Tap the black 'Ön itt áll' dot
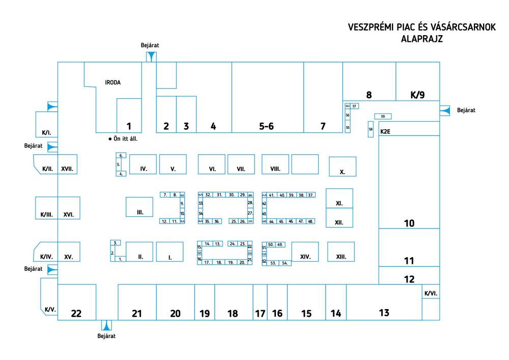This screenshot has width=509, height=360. pyautogui.click(x=109, y=139)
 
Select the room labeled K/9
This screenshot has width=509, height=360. pyautogui.click(x=417, y=94)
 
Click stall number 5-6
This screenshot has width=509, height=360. pyautogui.click(x=267, y=127)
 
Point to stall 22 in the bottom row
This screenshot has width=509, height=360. pyautogui.click(x=76, y=314)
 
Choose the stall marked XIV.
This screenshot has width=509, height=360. pyautogui.click(x=305, y=257)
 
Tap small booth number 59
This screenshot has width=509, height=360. pyautogui.click(x=382, y=117)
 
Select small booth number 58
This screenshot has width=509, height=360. pyautogui.click(x=371, y=130)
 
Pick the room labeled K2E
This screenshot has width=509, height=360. pyautogui.click(x=385, y=131)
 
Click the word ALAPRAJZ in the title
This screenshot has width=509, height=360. pyautogui.click(x=422, y=38)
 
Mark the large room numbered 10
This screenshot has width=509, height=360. pyautogui.click(x=409, y=223)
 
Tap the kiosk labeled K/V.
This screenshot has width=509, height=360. pyautogui.click(x=50, y=310)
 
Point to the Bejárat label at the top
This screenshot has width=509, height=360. pyautogui.click(x=150, y=45)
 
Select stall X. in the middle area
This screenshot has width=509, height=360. pyautogui.click(x=343, y=172)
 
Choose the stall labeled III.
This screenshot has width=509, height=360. pyautogui.click(x=139, y=211)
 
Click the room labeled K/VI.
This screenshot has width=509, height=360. pyautogui.click(x=430, y=293)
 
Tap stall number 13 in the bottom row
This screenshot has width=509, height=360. pyautogui.click(x=384, y=312)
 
